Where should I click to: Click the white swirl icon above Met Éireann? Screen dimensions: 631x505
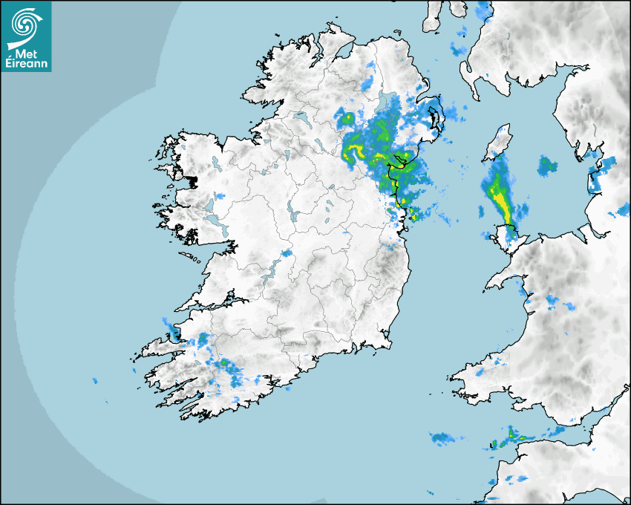coord(24,25)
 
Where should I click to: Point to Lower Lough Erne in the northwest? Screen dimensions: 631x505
coord(301,118)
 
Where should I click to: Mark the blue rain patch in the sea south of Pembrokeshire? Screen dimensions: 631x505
coord(444,437)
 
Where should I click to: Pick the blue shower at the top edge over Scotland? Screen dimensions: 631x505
coord(483,10)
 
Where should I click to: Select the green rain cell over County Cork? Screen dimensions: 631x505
coord(223,363)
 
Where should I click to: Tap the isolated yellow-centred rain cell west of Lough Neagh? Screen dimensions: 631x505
coord(346,117)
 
